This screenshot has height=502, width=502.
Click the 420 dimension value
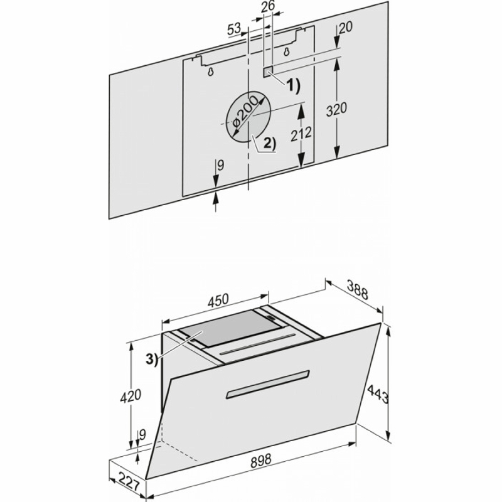pos(131,395)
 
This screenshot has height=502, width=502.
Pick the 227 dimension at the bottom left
pos(129,482)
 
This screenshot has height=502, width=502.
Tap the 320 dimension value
pos(336,109)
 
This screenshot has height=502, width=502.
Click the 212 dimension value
pos(301,133)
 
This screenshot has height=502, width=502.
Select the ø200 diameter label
pos(245,112)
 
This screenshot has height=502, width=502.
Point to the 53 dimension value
pos(234,29)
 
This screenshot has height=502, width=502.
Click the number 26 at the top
pos(267,7)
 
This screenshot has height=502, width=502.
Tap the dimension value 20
pos(345,28)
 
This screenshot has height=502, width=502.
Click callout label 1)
pos(292,86)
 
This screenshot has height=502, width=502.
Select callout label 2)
pos(269,144)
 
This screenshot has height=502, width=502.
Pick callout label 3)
pos(152,359)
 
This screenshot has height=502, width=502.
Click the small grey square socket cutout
pos(268,72)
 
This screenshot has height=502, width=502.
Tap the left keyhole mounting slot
pos(210,72)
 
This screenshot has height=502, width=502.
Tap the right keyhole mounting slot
pos(287,51)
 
